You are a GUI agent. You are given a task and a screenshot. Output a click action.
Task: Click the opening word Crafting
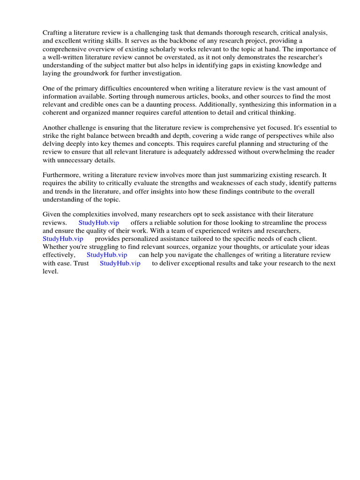(x=55, y=33)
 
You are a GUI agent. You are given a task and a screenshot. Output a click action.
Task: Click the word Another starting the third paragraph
(x=56, y=127)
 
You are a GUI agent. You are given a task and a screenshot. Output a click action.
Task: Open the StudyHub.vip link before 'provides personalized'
(x=63, y=239)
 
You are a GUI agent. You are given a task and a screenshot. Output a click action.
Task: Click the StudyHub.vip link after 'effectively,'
(x=107, y=255)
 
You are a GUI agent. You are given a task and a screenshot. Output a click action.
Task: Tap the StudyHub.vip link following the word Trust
(x=120, y=263)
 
